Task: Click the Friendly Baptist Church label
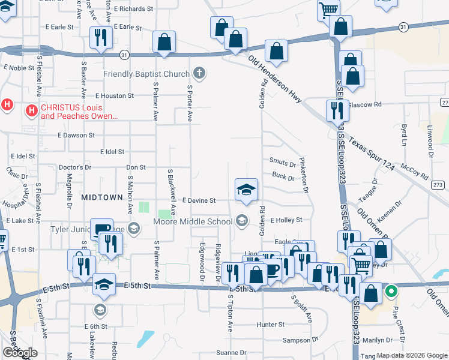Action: (x=146, y=74)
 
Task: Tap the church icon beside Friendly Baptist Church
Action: (x=200, y=74)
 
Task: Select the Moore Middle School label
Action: (x=193, y=221)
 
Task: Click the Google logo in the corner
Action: (x=20, y=353)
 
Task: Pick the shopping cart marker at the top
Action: (x=329, y=9)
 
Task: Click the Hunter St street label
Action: (x=270, y=325)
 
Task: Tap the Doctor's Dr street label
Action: (x=75, y=167)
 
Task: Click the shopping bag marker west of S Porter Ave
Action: (x=164, y=42)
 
